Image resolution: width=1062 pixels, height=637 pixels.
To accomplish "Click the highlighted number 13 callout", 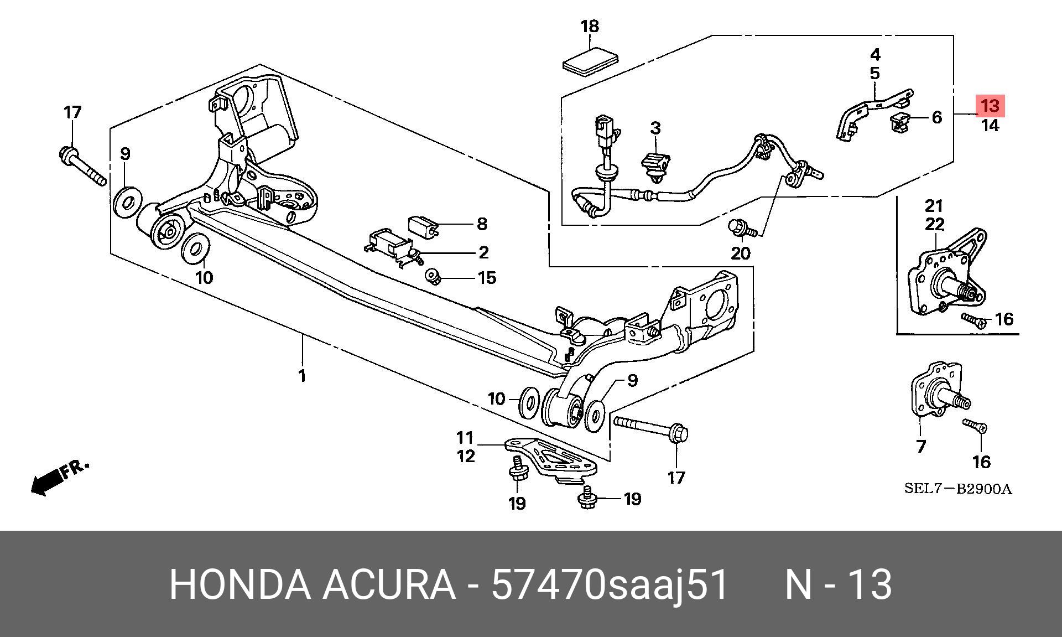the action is [x=990, y=106].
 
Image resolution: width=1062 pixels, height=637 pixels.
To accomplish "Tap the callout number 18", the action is [x=590, y=26].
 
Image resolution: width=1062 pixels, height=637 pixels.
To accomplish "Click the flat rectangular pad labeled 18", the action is [x=590, y=60].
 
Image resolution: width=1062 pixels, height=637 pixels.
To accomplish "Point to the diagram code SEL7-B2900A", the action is [x=958, y=489].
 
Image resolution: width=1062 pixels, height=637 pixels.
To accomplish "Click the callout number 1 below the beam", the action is [x=302, y=376].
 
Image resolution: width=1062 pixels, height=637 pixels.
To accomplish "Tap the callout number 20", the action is [x=741, y=253].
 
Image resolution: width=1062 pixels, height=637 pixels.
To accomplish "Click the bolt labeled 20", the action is [x=738, y=226].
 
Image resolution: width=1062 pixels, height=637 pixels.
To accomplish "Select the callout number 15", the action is [x=487, y=277].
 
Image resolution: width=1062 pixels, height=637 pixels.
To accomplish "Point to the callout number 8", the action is [x=482, y=224].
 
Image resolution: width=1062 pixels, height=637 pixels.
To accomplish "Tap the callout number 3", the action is [x=655, y=128].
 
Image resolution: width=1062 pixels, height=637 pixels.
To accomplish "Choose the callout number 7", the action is [x=920, y=447].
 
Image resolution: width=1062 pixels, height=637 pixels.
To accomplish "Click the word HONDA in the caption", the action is [x=240, y=584].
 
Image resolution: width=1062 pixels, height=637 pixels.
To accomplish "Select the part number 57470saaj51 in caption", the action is [x=610, y=584].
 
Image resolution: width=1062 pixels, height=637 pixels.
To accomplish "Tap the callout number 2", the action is [x=483, y=253].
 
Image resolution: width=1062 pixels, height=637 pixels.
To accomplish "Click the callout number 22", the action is [x=934, y=225].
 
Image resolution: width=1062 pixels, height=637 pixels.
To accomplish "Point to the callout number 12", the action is [x=466, y=457].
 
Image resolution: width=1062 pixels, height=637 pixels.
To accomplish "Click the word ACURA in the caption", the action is [x=389, y=584].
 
